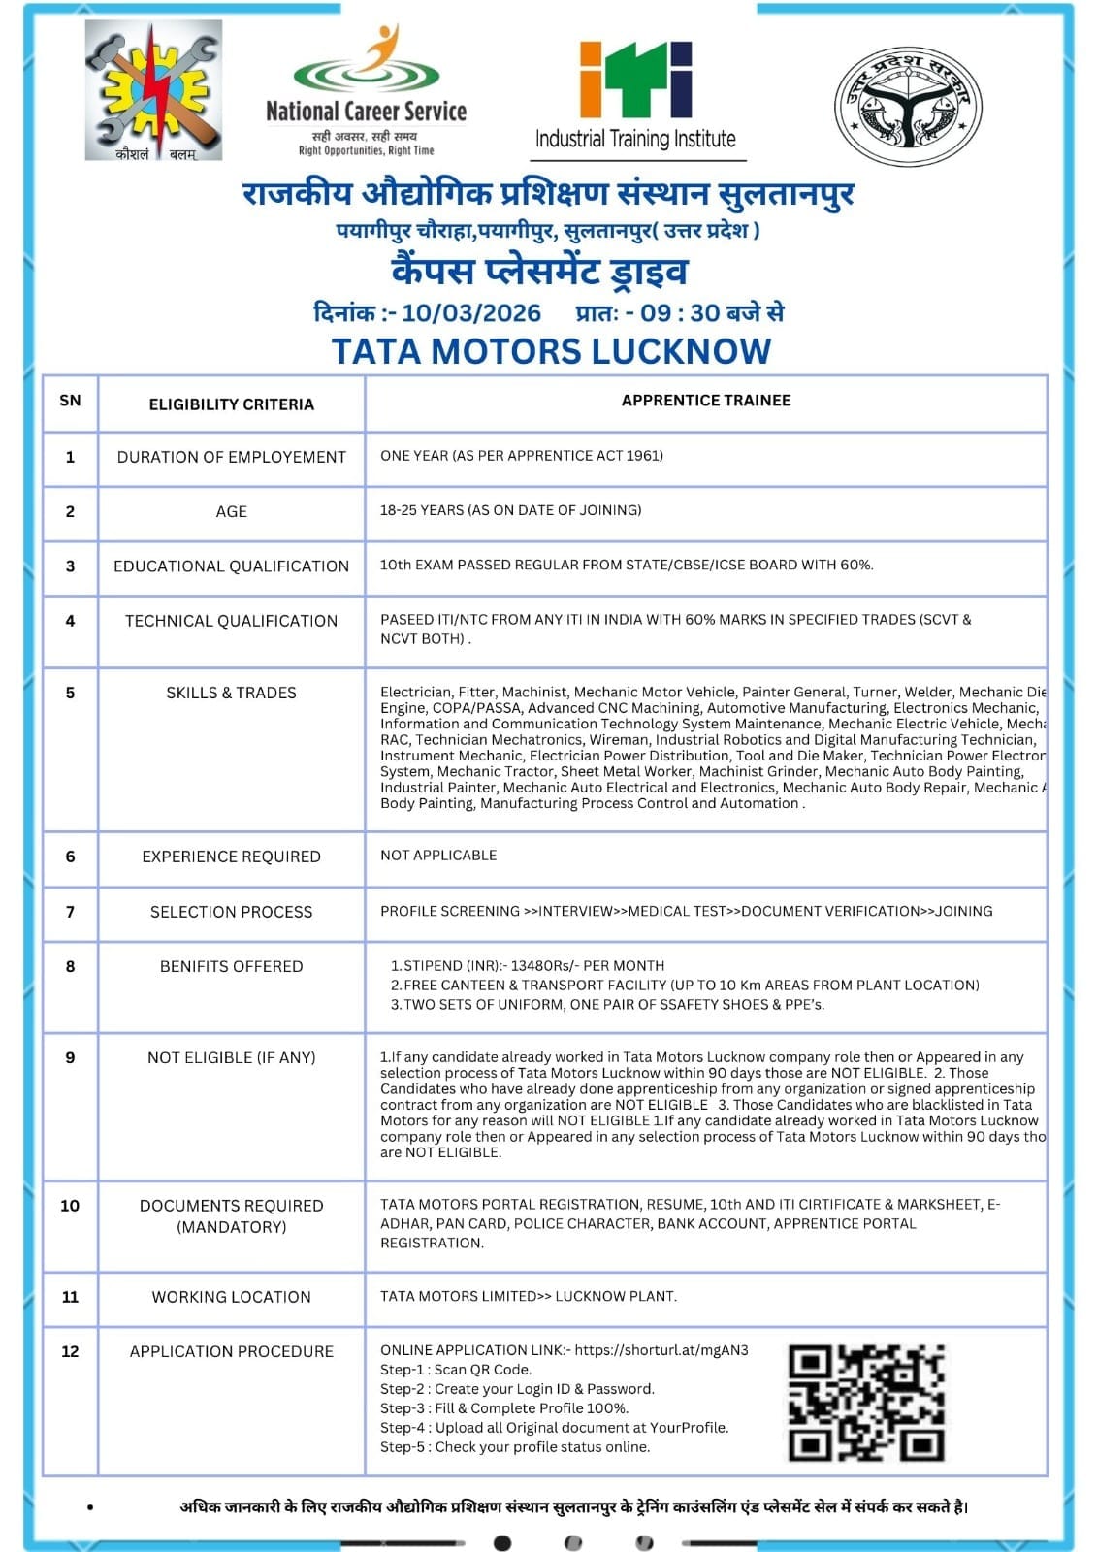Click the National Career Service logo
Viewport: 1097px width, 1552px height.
pyautogui.click(x=366, y=92)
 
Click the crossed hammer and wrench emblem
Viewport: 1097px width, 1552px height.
pyautogui.click(x=153, y=90)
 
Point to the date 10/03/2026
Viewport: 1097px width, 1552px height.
pyautogui.click(x=471, y=313)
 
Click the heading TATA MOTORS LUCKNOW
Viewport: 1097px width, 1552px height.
pyautogui.click(x=551, y=351)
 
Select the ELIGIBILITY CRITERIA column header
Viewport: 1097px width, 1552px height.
pyautogui.click(x=231, y=404)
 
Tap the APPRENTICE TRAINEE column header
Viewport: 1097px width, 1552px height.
pyautogui.click(x=705, y=401)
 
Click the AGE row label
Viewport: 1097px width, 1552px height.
pyautogui.click(x=231, y=511)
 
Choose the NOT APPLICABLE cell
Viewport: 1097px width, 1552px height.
pyautogui.click(x=438, y=856)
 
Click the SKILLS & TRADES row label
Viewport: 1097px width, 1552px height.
pyautogui.click(x=231, y=693)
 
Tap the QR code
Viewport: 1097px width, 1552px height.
pyautogui.click(x=865, y=1403)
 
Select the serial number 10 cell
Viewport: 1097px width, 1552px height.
pyautogui.click(x=70, y=1206)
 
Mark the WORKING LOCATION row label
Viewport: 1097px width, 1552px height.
pyautogui.click(x=231, y=1297)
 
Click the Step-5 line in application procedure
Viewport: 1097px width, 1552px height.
pyautogui.click(x=515, y=1447)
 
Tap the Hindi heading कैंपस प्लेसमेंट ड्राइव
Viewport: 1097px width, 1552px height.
pyautogui.click(x=539, y=271)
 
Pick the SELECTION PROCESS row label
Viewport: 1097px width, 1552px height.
pyautogui.click(x=231, y=912)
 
